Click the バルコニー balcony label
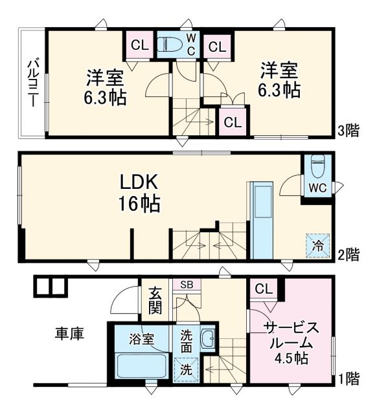32,82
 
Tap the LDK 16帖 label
139,193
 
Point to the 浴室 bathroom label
141,338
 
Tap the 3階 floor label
348,131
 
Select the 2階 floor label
348,254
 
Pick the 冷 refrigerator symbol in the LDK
318,245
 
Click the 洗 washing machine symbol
187,371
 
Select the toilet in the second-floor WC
317,166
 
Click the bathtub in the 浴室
141,367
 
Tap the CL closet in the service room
263,289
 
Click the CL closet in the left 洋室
139,45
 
